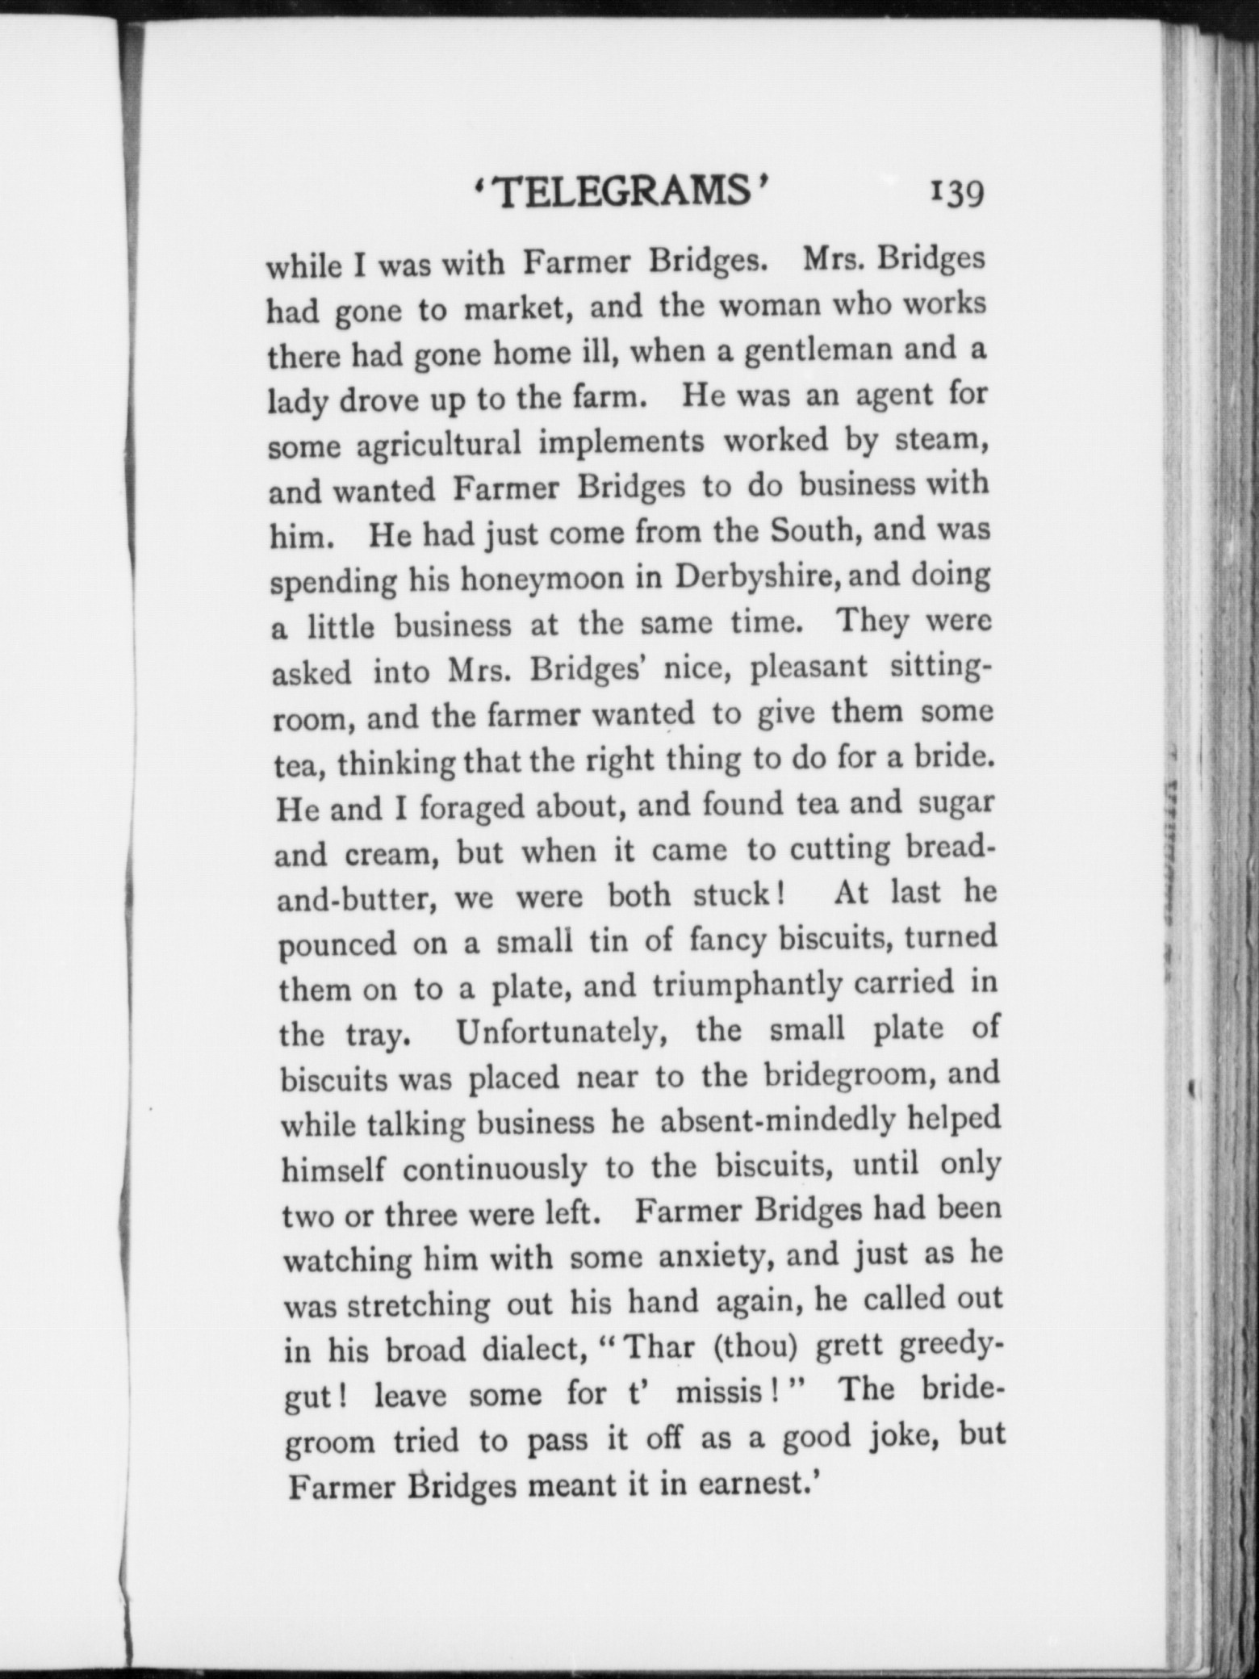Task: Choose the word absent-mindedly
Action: (777, 1121)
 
